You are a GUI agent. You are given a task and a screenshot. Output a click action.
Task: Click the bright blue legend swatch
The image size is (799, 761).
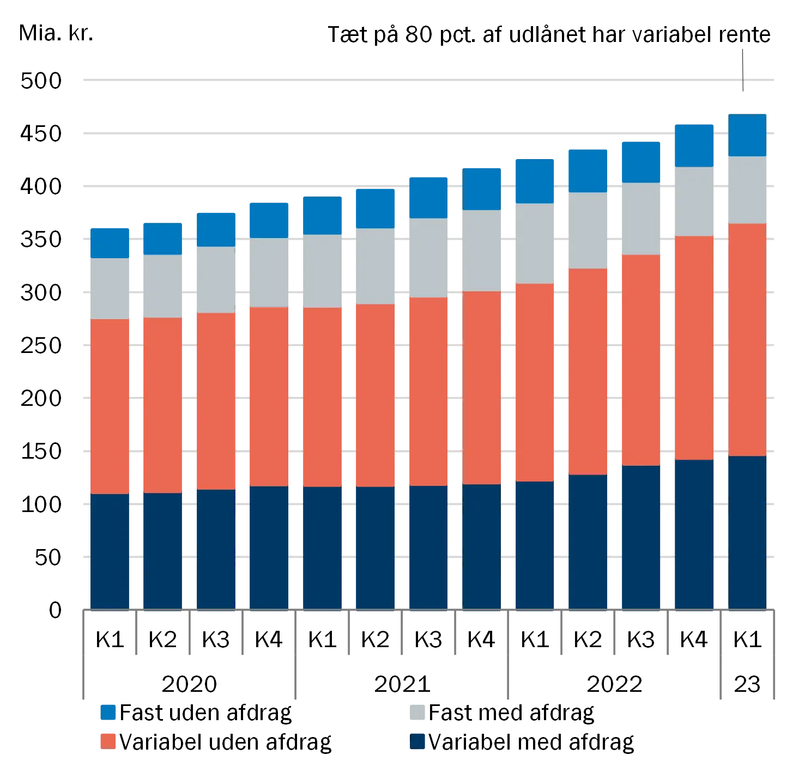(x=108, y=712)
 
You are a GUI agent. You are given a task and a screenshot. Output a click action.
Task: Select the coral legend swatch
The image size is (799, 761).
(x=108, y=741)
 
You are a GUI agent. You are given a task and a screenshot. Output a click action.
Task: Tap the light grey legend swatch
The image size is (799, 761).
(x=418, y=712)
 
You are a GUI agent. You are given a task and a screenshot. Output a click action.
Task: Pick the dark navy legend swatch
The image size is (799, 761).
(x=418, y=741)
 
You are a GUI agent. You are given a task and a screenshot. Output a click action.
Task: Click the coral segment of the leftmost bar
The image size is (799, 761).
(x=109, y=406)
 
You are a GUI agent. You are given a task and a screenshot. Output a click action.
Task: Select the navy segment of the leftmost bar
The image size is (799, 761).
(x=109, y=550)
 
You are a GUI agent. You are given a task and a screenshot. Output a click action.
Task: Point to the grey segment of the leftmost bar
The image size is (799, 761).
(x=109, y=288)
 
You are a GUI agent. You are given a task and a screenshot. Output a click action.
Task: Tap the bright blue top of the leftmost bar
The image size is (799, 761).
(x=109, y=242)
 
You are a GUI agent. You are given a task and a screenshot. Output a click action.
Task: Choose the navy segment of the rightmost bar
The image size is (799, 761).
(x=747, y=531)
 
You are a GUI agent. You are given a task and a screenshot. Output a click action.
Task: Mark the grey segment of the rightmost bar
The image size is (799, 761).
(x=747, y=190)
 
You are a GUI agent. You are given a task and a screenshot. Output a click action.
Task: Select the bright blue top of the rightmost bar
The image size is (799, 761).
(x=747, y=135)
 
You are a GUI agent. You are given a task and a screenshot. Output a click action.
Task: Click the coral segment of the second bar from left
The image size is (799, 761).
(x=162, y=405)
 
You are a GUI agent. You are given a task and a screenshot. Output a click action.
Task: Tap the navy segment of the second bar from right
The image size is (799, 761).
(x=694, y=533)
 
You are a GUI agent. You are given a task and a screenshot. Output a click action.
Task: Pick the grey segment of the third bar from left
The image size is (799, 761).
(x=216, y=279)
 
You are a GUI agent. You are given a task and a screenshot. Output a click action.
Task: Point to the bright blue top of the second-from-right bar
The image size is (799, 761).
(x=694, y=144)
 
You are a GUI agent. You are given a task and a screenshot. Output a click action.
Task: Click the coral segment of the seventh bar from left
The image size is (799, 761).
(x=428, y=391)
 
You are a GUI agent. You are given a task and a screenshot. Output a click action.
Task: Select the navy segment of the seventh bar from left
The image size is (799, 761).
(x=428, y=546)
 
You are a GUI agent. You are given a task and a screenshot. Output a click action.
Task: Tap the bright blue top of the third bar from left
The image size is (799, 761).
(x=216, y=228)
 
